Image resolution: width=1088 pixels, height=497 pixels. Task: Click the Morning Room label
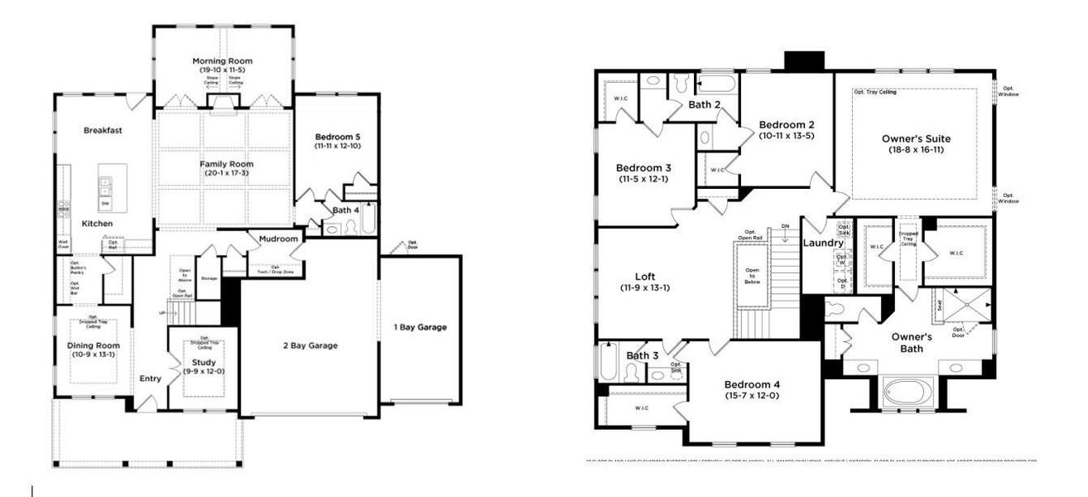point(222,61)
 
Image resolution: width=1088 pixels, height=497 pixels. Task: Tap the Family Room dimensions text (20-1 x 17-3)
point(226,175)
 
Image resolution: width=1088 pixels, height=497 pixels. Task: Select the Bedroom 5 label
point(337,137)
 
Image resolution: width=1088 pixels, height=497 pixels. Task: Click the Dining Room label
point(93,345)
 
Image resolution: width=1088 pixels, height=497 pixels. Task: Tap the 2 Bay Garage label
point(310,345)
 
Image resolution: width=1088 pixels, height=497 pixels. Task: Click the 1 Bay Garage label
point(420,327)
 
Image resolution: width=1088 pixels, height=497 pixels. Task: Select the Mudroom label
point(277,239)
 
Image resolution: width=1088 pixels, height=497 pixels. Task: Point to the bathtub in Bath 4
point(368,219)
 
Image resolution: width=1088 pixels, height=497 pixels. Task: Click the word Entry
point(151,379)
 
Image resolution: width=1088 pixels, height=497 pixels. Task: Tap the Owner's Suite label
point(916,138)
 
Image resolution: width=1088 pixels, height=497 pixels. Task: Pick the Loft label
point(644,277)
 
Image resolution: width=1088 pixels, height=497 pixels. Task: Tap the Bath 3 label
point(642,355)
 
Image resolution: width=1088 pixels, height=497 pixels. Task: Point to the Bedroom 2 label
point(786,124)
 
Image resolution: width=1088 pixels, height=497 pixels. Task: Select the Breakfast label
point(104,130)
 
